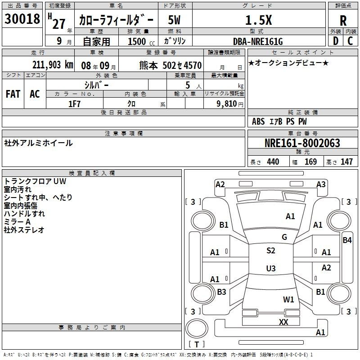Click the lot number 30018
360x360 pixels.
coord(22,18)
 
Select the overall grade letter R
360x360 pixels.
coord(343,21)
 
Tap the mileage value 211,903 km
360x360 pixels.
coord(53,65)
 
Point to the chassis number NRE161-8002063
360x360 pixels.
coord(302,143)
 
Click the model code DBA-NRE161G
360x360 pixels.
coord(258,41)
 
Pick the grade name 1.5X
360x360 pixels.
coord(258,20)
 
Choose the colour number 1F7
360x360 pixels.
coord(74,104)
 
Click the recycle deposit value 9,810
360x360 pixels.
coord(227,103)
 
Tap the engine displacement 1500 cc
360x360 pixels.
coord(141,41)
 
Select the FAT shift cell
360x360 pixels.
coord(13,94)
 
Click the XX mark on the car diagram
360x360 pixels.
coord(283,322)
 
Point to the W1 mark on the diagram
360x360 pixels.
coord(288,299)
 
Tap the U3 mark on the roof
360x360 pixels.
coord(271,268)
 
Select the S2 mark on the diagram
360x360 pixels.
coord(271,250)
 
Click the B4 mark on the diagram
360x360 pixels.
coord(347,240)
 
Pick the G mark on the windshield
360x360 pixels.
coord(284,237)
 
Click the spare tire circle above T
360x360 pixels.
coord(197,328)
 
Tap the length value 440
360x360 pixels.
coord(273,162)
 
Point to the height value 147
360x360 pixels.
coord(346,162)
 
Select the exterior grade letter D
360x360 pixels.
coord(335,41)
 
